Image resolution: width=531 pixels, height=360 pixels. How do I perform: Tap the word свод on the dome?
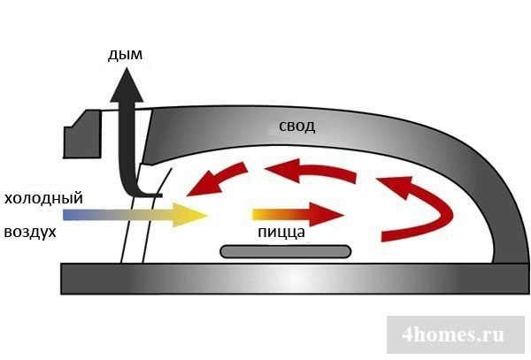tap(295, 126)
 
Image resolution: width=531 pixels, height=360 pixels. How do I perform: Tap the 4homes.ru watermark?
tap(452, 334)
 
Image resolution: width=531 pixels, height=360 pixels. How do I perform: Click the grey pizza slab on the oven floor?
tap(286, 252)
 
